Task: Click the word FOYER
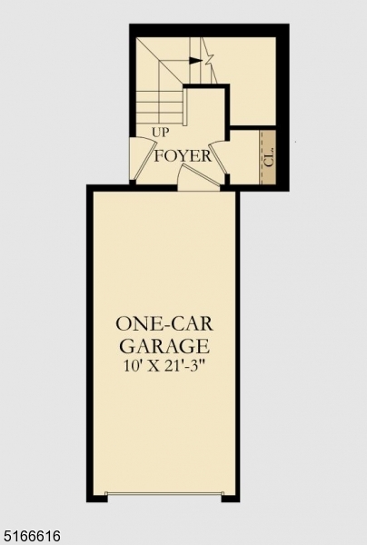tap(183, 156)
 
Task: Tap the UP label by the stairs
tap(161, 133)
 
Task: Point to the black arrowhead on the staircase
tap(196, 61)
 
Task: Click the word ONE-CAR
tap(163, 323)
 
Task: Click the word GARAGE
tap(163, 346)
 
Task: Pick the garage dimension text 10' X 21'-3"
tap(163, 367)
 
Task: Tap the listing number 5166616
tap(33, 537)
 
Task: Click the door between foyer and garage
tap(198, 179)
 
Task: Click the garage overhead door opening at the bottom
tap(164, 495)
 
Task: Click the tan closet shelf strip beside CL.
tap(268, 156)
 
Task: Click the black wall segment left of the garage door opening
tap(96, 497)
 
